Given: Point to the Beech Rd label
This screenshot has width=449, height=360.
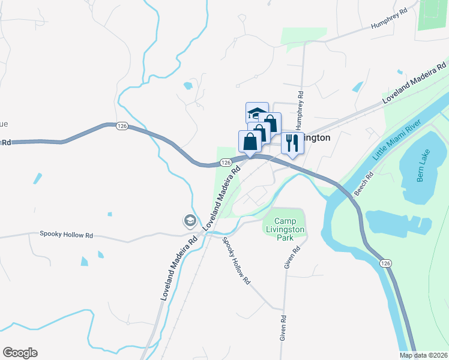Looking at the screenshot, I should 364,184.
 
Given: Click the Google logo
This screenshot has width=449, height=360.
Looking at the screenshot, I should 20,353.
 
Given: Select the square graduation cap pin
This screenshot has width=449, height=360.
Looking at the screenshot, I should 256,112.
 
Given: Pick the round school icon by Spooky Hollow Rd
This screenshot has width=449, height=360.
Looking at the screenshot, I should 190,221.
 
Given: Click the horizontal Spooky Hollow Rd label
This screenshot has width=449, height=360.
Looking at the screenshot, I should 66,234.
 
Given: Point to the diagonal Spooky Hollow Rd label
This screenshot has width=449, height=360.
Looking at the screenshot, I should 236,260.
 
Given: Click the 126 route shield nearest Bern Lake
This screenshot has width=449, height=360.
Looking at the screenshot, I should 384,263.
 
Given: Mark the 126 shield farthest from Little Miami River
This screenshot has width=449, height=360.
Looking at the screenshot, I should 122,125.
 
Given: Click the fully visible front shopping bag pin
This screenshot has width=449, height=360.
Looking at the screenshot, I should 250,142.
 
